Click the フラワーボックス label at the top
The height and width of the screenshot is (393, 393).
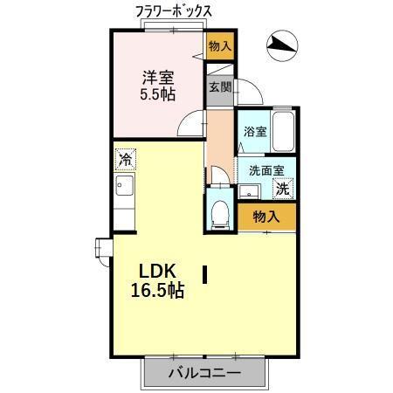point(174,10)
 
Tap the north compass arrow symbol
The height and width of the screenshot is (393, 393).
point(282,45)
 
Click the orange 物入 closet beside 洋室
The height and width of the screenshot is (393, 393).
point(219,45)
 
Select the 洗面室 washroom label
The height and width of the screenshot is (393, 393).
point(261,171)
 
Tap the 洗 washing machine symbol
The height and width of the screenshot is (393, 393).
point(282,188)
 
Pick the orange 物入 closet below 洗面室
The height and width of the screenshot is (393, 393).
point(265,217)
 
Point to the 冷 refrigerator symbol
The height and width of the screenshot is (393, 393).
point(126,160)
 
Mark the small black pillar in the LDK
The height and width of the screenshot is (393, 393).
point(204,275)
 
